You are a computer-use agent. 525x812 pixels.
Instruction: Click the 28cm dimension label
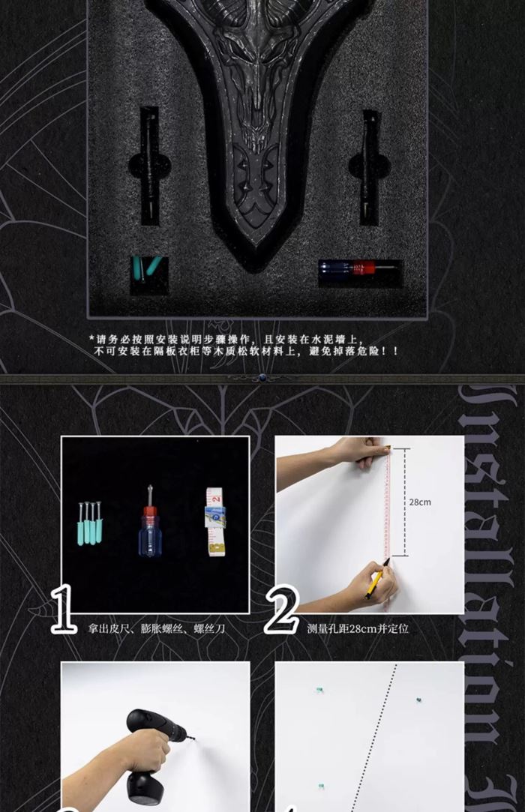420,502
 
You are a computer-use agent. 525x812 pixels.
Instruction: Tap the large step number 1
64,609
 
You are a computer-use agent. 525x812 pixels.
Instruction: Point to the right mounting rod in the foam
370,166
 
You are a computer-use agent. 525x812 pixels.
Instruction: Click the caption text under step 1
155,629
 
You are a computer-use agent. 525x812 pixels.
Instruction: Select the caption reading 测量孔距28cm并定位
358,629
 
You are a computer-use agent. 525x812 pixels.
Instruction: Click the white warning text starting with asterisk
244,344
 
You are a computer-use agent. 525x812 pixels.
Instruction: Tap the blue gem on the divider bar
262,379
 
